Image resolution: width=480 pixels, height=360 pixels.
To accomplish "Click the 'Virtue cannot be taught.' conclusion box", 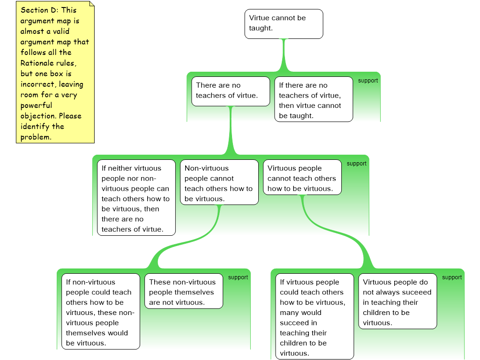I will point(284,23).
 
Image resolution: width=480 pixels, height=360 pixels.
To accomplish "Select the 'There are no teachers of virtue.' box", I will point(231,91).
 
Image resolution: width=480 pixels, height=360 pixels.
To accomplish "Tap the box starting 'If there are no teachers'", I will point(313,99).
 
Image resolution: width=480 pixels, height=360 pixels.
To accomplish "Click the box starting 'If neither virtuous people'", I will point(136,198).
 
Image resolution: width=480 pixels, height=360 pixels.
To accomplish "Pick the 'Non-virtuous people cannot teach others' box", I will point(219,183).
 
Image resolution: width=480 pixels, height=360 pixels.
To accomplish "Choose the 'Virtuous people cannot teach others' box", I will point(302,178).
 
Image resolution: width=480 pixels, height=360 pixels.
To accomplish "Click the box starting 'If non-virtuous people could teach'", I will point(100,312).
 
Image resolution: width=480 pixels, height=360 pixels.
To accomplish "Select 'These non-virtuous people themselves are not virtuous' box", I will point(183,292).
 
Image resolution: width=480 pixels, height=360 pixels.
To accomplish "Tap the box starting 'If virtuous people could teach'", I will point(314,317).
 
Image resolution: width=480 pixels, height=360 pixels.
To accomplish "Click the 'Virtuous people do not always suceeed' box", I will point(397,301).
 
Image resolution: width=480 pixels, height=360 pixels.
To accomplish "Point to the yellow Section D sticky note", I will point(55,73).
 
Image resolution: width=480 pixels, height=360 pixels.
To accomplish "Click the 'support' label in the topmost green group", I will point(368,81).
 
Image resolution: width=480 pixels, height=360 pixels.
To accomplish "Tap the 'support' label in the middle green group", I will point(357,164).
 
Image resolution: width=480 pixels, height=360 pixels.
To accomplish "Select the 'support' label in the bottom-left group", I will point(238,277).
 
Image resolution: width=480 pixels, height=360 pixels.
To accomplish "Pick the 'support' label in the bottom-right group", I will point(452,277).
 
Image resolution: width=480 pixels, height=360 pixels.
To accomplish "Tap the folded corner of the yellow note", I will point(91,5).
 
